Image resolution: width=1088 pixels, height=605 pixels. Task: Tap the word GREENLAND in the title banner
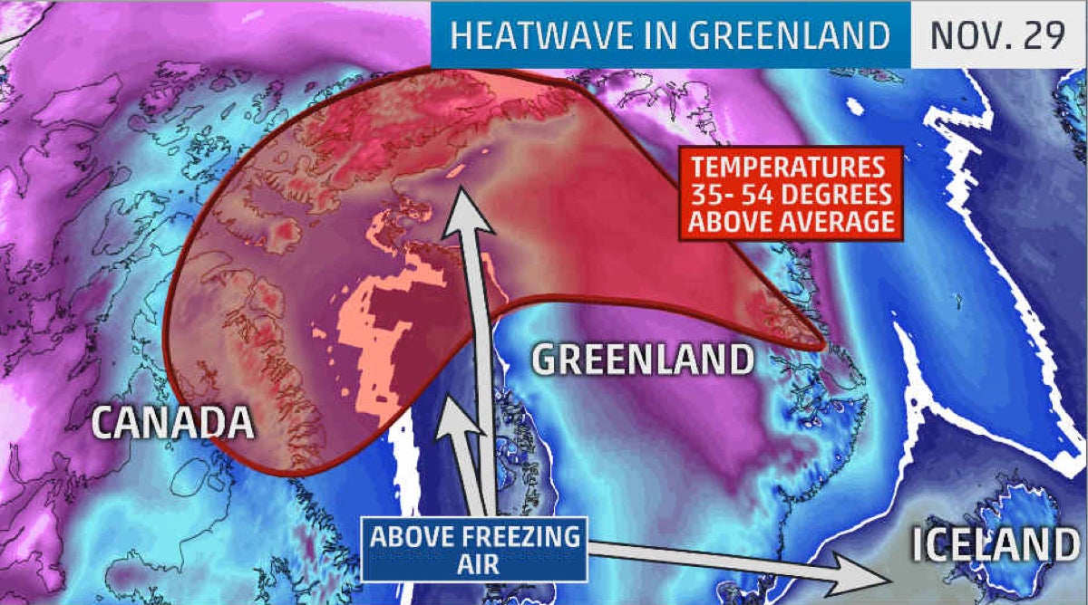click(789, 35)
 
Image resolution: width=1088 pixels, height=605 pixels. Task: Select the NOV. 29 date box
click(997, 35)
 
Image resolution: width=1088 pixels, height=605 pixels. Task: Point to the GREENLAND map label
click(642, 360)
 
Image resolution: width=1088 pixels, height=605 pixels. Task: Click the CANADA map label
click(171, 423)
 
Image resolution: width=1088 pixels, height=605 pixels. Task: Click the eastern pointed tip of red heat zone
click(821, 345)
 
